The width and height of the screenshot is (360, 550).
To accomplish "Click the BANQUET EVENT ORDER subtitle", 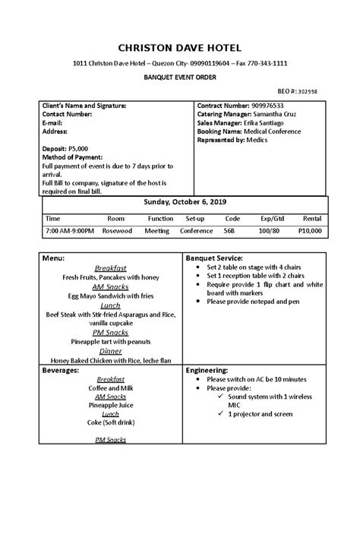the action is (180, 77).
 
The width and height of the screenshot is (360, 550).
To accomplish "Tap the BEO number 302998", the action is (307, 90).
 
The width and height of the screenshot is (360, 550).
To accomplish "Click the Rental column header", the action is (311, 217).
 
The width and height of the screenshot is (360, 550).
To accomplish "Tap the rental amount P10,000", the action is (310, 230).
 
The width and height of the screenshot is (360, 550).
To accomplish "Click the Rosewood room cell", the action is (117, 230).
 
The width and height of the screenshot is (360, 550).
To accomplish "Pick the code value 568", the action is (229, 230).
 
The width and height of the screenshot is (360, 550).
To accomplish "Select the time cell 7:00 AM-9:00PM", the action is (70, 230).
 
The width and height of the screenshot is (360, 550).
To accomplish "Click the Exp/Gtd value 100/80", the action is (269, 230).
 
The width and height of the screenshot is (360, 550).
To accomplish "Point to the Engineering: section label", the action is (207, 370).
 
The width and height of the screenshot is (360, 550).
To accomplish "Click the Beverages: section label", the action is (63, 370).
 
